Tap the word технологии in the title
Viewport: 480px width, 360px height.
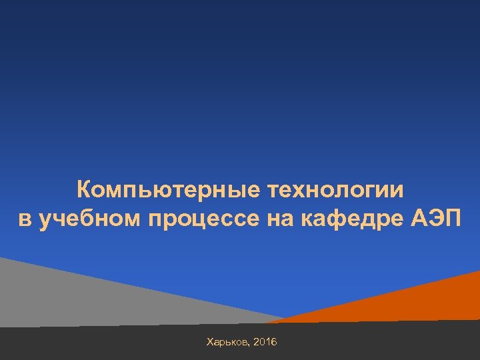pos(336,190)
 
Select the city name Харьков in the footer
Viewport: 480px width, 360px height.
pos(228,342)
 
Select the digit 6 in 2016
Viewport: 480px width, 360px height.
pos(275,342)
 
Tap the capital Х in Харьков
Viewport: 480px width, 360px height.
pos(211,342)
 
